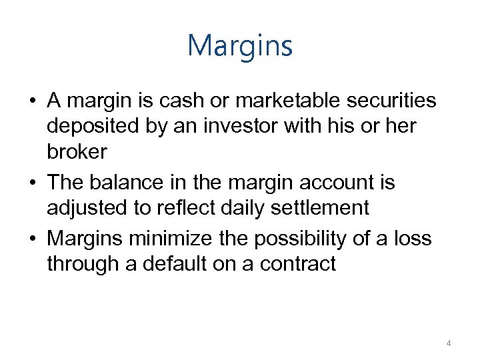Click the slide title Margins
coord(240,46)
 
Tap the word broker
coord(77,153)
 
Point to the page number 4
coord(449,343)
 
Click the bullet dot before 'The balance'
coord(33,183)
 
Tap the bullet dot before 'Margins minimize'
coord(33,238)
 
